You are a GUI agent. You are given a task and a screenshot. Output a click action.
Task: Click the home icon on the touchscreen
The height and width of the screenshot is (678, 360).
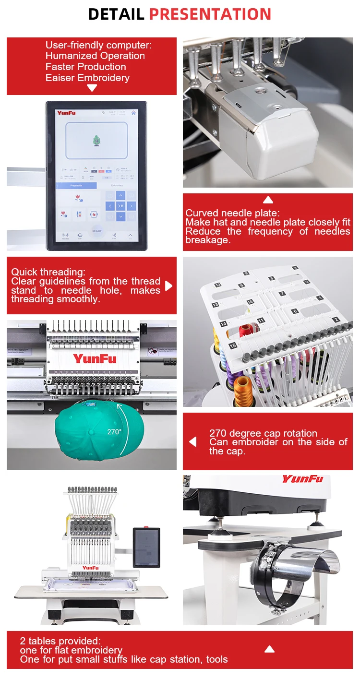click(x=133, y=113)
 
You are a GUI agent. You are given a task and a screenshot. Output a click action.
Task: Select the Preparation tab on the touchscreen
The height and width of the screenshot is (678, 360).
click(x=76, y=185)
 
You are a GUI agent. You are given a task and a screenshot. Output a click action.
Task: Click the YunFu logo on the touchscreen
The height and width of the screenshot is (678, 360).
click(x=66, y=113)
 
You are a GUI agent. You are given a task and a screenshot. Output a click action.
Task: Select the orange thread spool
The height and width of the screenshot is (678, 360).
click(x=243, y=387)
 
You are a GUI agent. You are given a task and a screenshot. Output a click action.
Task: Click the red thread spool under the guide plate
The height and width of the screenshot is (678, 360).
click(x=249, y=329)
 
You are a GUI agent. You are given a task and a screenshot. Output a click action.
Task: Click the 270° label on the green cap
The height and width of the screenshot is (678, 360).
click(x=114, y=431)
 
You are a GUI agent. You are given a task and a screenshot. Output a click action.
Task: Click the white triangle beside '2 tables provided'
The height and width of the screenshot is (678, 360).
click(x=269, y=649)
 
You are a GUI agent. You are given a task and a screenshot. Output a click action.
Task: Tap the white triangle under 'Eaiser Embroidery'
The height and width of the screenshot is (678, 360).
click(x=92, y=88)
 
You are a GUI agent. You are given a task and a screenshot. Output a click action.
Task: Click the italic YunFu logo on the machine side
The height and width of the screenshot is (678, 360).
click(x=302, y=479)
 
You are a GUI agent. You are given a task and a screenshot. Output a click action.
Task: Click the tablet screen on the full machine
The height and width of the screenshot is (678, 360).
click(x=146, y=547)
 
